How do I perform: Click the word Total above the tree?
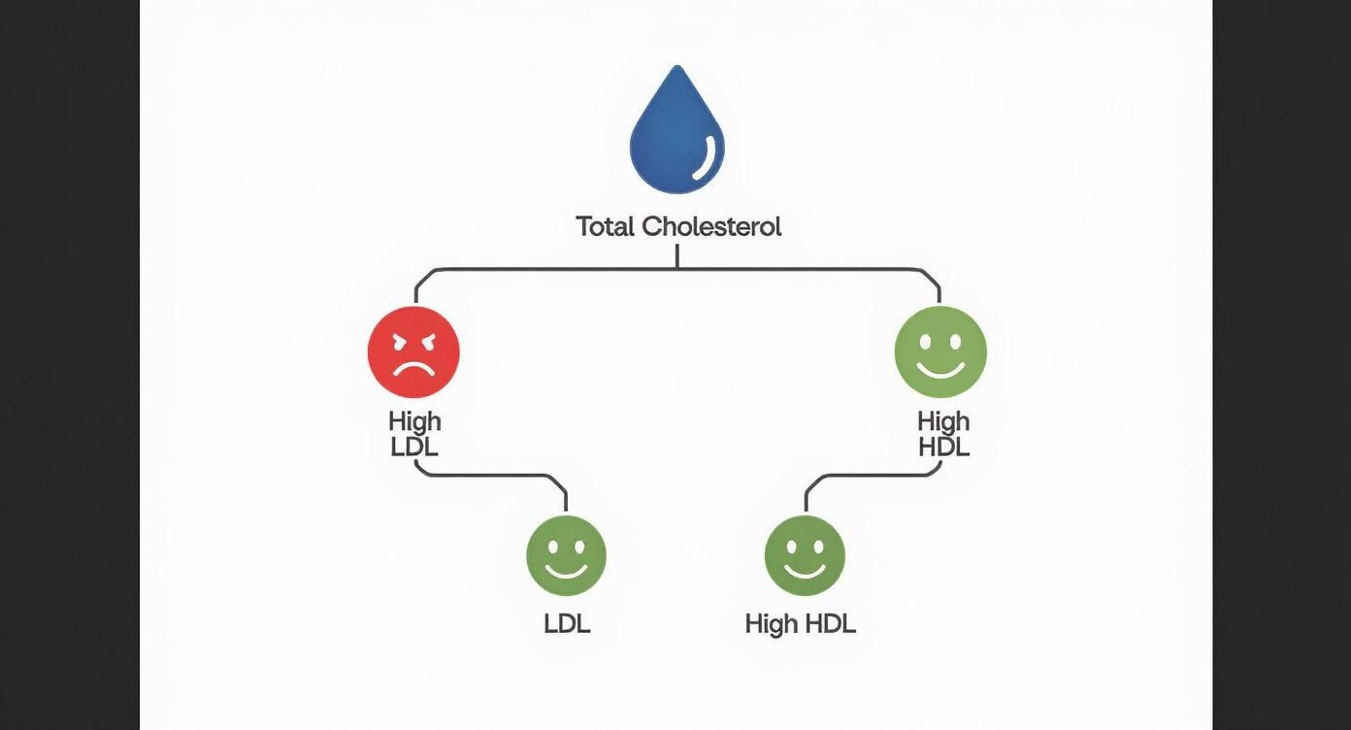(605, 227)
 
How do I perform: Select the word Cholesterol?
(711, 227)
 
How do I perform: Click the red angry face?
(413, 351)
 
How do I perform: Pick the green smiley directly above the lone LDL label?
(566, 554)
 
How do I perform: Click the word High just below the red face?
(414, 421)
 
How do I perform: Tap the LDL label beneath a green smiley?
(567, 623)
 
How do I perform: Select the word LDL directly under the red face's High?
(414, 447)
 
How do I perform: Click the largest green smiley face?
(939, 351)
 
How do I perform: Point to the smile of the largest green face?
(939, 370)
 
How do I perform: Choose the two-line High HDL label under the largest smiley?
(942, 434)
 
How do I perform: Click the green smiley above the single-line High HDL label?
(805, 554)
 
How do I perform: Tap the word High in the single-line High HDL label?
(771, 624)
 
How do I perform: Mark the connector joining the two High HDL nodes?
(873, 476)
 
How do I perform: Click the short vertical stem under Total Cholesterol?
(676, 255)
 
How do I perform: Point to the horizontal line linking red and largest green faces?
(676, 269)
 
